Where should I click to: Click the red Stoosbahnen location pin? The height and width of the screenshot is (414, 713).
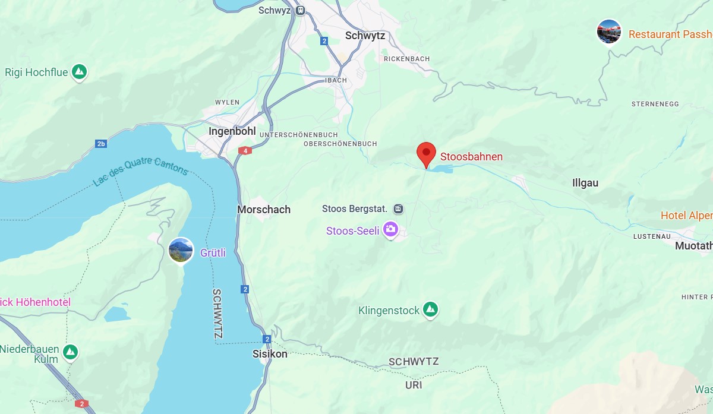coord(426,153)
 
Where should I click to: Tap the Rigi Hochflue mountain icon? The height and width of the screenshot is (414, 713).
coord(79,72)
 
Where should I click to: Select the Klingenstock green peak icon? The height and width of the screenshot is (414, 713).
coord(430,310)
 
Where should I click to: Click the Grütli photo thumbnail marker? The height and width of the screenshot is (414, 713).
coord(181,251)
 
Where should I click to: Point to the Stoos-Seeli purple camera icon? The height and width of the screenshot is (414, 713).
coord(390,229)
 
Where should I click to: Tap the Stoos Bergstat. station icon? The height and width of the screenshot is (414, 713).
coord(398,208)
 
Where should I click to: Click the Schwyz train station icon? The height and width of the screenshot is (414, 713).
coord(301,10)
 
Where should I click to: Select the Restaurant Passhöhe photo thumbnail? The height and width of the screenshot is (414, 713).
coord(609,31)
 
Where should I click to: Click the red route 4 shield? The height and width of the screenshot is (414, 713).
coord(245,151)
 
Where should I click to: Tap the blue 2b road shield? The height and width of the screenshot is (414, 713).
coord(101,144)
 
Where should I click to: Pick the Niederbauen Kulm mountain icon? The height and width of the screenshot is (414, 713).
coord(71,352)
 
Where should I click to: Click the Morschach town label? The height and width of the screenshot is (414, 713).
coord(264,210)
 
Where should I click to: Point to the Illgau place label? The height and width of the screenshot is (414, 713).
coord(585,183)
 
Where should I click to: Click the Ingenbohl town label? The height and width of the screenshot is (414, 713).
coord(232,131)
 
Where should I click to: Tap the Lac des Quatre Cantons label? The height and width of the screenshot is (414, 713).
coord(140,172)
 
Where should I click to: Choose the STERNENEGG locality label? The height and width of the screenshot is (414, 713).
coord(655,104)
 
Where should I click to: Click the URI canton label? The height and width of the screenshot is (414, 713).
coord(414,385)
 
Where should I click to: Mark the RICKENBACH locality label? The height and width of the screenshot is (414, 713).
coord(406,59)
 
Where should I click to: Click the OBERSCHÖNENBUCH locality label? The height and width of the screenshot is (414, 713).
coord(340,144)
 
